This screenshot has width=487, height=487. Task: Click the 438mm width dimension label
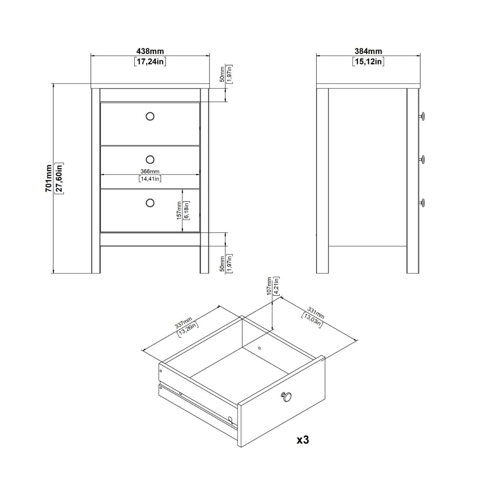(x=150, y=52)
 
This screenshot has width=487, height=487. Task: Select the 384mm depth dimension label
(x=368, y=52)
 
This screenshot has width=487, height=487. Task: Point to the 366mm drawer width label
(x=150, y=171)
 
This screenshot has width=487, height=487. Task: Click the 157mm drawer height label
(x=179, y=211)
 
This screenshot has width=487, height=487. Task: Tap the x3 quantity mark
(x=303, y=439)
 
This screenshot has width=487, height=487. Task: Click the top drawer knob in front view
(x=150, y=116)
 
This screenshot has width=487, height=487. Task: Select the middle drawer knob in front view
(x=150, y=159)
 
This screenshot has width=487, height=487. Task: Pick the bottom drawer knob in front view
(x=150, y=203)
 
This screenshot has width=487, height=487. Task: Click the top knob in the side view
(x=422, y=116)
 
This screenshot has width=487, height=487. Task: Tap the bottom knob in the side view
(x=422, y=202)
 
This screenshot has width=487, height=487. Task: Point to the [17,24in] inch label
(x=150, y=62)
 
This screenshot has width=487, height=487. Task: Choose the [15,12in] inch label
(x=368, y=62)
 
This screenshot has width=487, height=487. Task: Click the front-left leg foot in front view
(x=96, y=269)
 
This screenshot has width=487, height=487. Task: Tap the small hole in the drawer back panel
(x=260, y=348)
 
